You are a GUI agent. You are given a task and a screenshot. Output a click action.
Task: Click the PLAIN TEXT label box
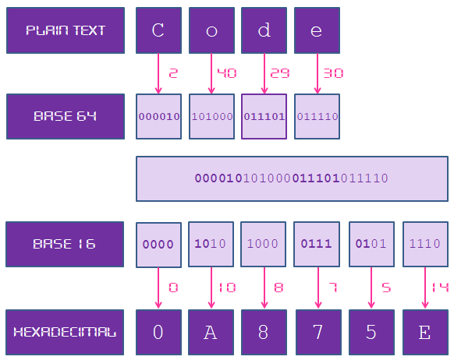coord(66,30)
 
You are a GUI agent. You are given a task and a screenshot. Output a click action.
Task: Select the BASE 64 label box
coord(66,116)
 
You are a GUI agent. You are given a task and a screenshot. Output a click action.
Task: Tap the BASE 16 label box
coord(66,244)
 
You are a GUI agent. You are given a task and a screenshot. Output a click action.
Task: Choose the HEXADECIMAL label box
coord(66,332)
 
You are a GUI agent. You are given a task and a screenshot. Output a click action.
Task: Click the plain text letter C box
coord(158,30)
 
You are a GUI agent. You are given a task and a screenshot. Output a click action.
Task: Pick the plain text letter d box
coord(264,30)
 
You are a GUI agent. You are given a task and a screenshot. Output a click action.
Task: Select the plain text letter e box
coord(317,30)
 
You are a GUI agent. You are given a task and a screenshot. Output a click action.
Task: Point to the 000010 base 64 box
coord(158,116)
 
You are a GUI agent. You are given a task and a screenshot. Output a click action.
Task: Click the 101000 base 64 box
coord(211,116)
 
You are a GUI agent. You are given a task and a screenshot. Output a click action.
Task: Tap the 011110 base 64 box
coord(317,116)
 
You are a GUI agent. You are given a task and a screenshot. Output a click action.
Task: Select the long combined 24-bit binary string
coord(292,178)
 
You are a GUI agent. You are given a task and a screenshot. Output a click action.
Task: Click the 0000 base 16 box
coord(158,245)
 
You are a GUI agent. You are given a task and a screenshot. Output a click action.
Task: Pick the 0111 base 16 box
coord(317,244)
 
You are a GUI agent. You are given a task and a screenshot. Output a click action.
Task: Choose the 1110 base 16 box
coord(425,244)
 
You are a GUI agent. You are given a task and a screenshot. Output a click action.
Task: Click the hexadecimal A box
coord(211,332)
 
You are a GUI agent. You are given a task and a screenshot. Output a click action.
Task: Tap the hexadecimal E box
coord(425,332)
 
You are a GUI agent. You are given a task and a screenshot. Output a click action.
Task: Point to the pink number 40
coord(226,73)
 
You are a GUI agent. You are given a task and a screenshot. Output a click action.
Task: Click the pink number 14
coord(440,288)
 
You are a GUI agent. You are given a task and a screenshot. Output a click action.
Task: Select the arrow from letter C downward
coord(158,73)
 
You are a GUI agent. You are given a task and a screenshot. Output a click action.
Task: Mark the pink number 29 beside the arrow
coord(280,73)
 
